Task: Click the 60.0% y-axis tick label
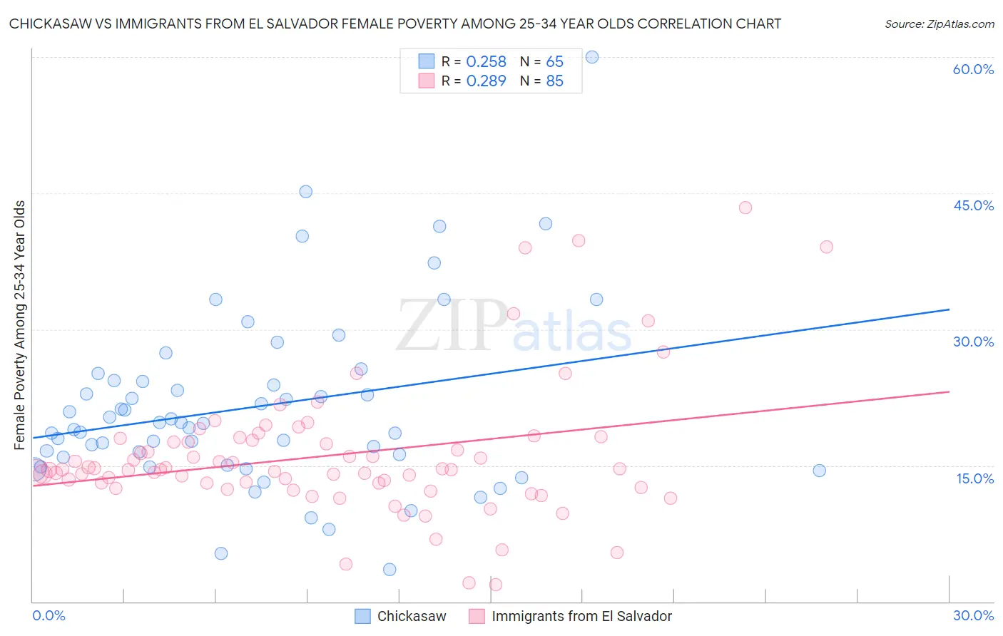pos(973,69)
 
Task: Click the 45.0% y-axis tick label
pos(973,205)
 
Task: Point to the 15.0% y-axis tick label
pos(974,478)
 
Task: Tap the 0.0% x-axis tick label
pos(49,615)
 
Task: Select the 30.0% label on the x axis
pos(973,615)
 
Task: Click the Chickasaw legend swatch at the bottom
pos(362,616)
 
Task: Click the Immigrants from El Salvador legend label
pos(581,616)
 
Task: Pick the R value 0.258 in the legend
pos(486,62)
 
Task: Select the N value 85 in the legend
pos(554,81)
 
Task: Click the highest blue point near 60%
pos(591,57)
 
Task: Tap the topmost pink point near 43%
pos(745,207)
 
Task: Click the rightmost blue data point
pos(819,471)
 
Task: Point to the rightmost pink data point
pos(826,247)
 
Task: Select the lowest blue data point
pos(390,569)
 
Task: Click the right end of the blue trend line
pos(949,309)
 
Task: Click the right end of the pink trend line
pos(949,391)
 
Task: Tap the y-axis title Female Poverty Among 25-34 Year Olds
pos(19,325)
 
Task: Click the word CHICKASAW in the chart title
pos(54,24)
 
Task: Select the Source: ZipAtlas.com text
pos(939,24)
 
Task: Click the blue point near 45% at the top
pos(305,191)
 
